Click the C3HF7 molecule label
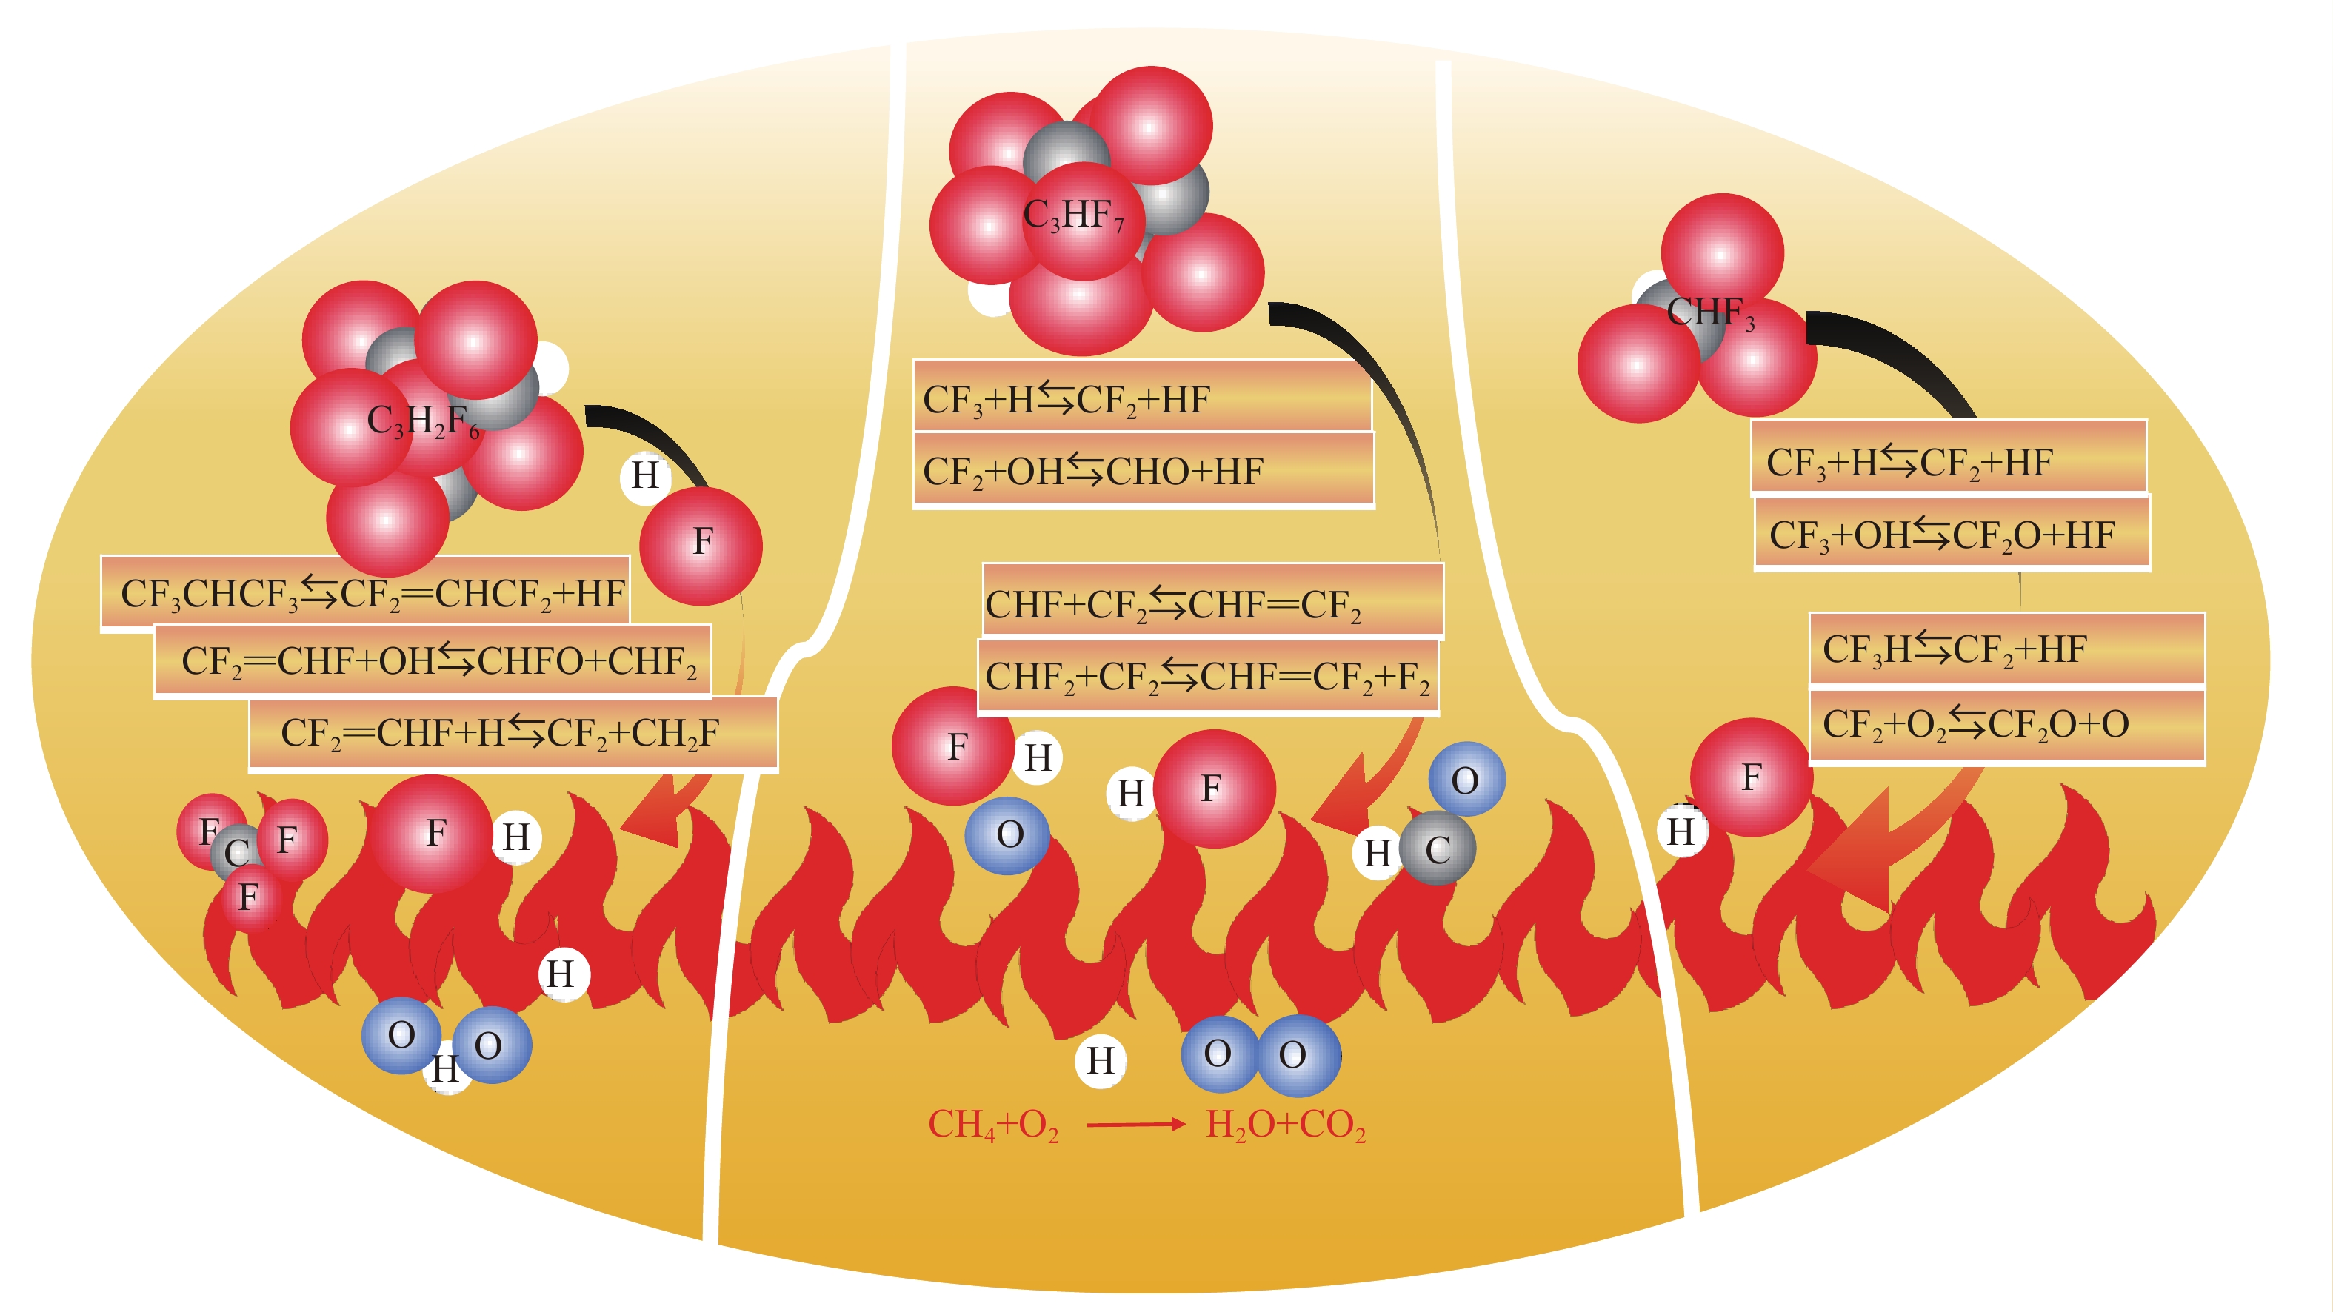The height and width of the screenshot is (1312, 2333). [x=1073, y=215]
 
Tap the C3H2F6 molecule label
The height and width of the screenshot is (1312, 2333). [x=422, y=421]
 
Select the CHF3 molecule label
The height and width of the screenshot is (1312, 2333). [x=1710, y=312]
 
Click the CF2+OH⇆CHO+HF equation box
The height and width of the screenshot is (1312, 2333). [x=1143, y=471]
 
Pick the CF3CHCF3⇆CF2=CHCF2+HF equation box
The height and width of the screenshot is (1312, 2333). [x=366, y=593]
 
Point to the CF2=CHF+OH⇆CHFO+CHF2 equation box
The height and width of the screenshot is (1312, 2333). [x=433, y=661]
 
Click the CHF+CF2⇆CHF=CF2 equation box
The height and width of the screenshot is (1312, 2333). [x=1212, y=602]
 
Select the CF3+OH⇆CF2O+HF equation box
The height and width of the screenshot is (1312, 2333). [x=1952, y=535]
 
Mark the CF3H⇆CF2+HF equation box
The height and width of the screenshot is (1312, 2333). [x=2006, y=649]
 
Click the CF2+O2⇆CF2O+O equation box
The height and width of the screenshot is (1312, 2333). [x=2006, y=724]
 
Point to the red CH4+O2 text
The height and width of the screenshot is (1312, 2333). [x=993, y=1125]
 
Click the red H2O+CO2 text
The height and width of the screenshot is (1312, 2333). [x=1285, y=1125]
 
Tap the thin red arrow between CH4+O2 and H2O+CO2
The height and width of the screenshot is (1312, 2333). [x=1135, y=1125]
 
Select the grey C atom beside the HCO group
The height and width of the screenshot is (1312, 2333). [x=1438, y=849]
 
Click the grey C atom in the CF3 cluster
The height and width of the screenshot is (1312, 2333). [x=236, y=851]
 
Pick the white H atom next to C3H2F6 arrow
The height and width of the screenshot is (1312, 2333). [x=645, y=475]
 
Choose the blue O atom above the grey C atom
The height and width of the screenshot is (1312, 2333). [x=1466, y=780]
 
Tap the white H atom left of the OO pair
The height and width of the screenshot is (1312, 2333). [x=1101, y=1060]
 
